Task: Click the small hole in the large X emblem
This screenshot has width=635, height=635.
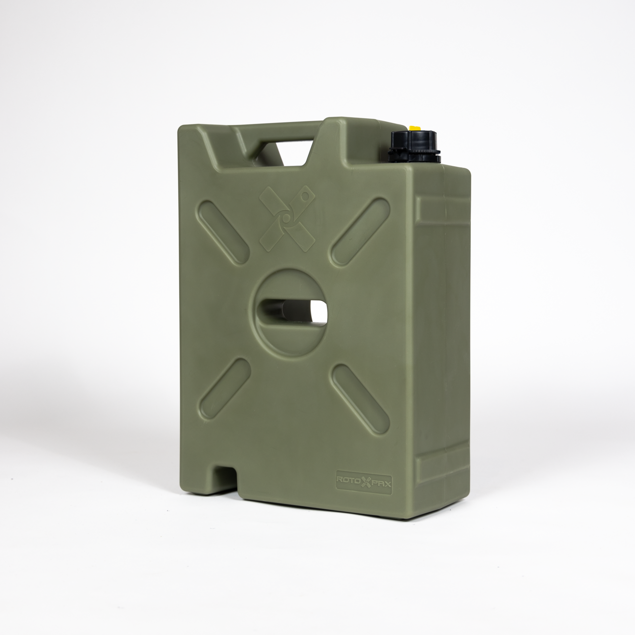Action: click(305, 196)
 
